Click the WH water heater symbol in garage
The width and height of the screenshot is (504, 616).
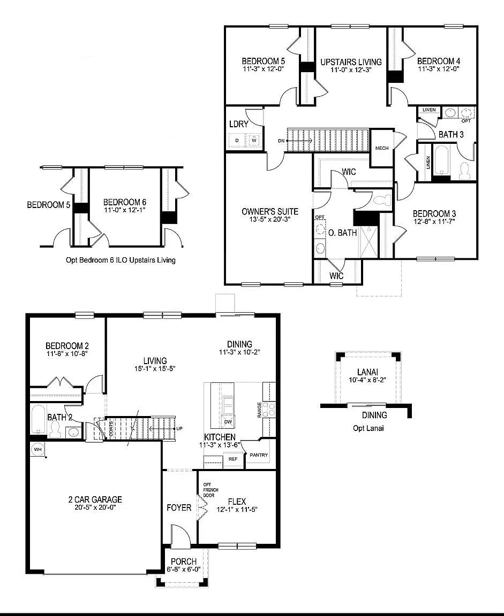[x=37, y=449]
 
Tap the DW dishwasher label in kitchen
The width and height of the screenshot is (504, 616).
[x=228, y=421]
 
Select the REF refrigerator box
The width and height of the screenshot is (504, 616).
[x=233, y=459]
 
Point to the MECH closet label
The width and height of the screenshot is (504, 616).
[x=381, y=148]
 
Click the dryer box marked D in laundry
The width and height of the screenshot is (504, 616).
[x=237, y=141]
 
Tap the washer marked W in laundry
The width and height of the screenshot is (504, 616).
[x=254, y=141]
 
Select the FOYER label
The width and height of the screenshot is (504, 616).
[x=179, y=507]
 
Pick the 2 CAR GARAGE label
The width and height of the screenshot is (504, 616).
[x=95, y=499]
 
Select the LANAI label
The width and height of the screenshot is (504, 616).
[x=368, y=372]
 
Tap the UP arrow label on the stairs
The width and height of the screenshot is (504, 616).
[x=179, y=429]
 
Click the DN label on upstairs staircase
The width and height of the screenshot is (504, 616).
[x=282, y=141]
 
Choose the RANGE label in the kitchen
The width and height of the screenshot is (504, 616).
[x=259, y=411]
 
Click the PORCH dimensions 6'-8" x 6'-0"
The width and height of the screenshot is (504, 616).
[x=184, y=569]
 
